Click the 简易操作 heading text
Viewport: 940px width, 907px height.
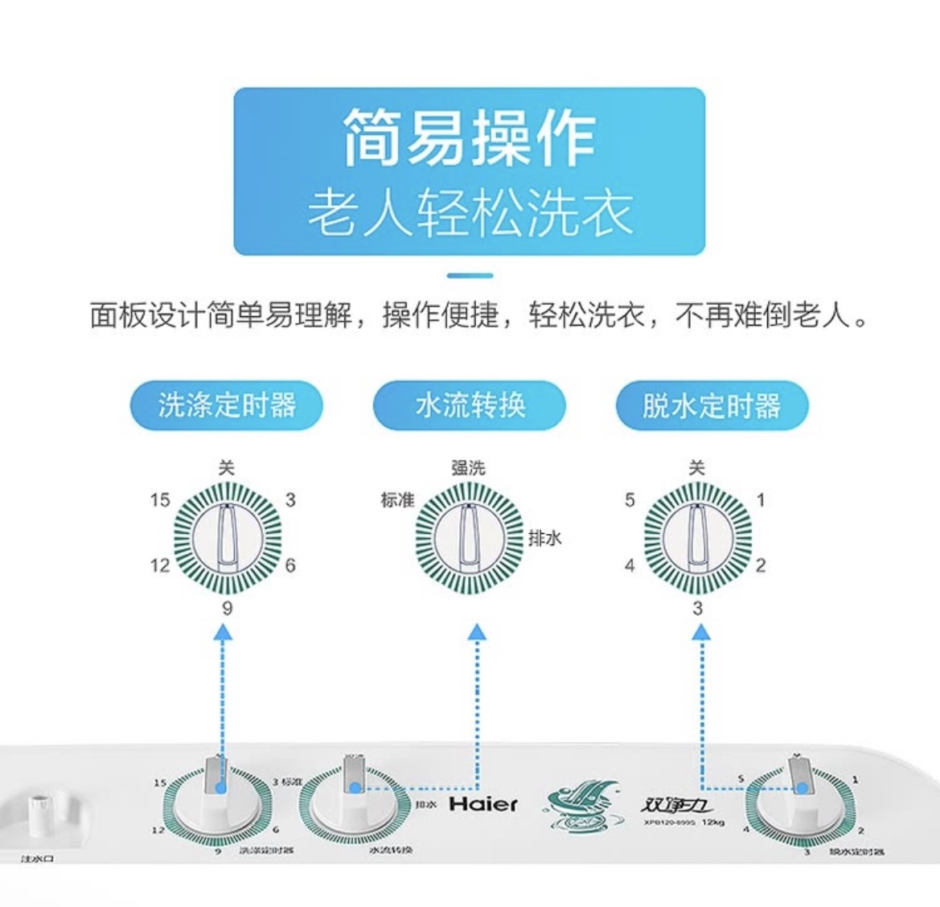click(x=470, y=138)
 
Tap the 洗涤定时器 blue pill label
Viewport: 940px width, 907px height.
click(x=228, y=405)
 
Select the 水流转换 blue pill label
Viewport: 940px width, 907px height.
click(x=470, y=405)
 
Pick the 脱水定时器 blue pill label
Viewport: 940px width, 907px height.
click(x=711, y=405)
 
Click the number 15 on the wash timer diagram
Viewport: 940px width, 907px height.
click(x=160, y=500)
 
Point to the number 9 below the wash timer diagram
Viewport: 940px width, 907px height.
click(x=227, y=608)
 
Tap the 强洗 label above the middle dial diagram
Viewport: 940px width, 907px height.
click(x=468, y=467)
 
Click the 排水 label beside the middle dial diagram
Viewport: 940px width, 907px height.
click(x=544, y=539)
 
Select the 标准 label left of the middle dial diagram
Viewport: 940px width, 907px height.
click(x=397, y=500)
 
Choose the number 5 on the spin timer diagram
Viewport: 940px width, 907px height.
click(x=630, y=500)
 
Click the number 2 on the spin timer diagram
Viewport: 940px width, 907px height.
click(x=761, y=565)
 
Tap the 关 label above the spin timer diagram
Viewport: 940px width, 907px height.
click(x=696, y=467)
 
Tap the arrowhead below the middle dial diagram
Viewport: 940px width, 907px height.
click(x=478, y=633)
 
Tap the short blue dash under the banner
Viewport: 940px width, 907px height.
click(x=470, y=276)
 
